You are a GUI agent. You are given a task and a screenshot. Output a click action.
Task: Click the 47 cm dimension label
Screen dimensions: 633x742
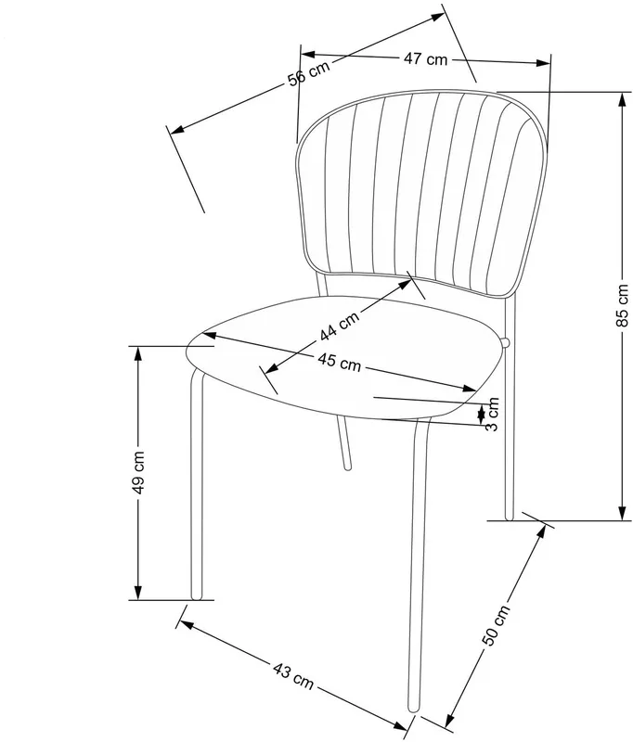[425, 58]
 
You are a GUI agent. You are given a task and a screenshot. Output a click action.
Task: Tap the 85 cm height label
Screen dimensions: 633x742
[623, 305]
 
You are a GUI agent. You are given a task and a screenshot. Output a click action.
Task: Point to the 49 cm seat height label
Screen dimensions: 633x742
[137, 472]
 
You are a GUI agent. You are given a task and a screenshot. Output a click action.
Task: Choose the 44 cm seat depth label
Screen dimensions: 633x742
[339, 326]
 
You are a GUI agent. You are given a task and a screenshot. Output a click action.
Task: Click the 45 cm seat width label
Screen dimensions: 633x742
[339, 362]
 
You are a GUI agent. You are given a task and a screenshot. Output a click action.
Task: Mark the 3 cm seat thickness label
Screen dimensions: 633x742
[493, 414]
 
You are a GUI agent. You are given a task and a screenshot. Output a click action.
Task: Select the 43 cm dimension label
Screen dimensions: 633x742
[293, 676]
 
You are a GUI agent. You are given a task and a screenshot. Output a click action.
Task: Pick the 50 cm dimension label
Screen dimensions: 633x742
[497, 625]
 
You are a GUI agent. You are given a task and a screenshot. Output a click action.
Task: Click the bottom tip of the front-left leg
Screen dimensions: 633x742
[196, 597]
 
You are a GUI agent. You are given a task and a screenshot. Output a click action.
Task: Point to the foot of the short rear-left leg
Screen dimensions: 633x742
[348, 467]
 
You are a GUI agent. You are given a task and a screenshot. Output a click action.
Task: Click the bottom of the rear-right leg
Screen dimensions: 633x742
[510, 518]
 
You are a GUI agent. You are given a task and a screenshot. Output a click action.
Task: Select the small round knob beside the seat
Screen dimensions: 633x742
[505, 342]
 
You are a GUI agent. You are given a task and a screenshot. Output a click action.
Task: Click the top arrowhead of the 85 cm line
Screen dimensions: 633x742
[622, 98]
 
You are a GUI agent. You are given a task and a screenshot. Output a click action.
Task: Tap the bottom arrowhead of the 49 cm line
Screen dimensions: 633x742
[137, 593]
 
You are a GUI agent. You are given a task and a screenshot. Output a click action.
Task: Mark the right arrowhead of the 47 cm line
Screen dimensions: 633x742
[544, 63]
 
